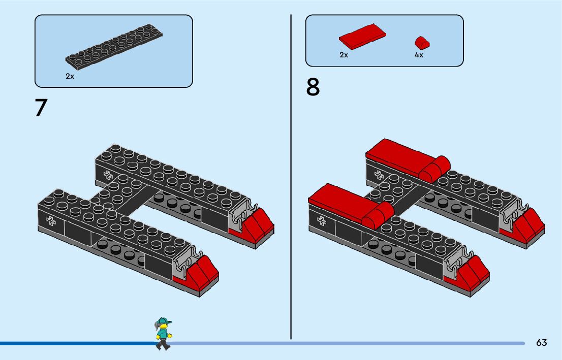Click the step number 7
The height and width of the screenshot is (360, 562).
point(41,108)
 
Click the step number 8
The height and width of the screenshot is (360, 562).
point(313,87)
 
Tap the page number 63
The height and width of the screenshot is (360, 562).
point(541,343)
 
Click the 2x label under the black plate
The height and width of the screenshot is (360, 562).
point(70,76)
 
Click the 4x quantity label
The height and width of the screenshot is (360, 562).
point(419,55)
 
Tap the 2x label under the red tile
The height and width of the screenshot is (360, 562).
point(344,55)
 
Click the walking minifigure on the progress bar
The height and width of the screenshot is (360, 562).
point(163,333)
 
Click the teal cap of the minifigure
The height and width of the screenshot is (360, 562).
point(163,321)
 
